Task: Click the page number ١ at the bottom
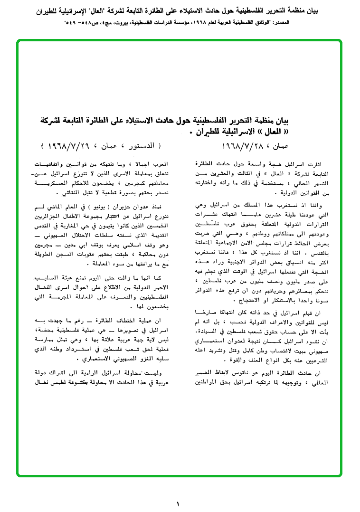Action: tap(178, 503)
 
